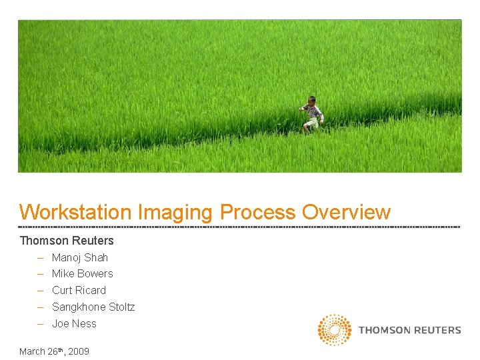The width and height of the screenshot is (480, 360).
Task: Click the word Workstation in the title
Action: [75, 212]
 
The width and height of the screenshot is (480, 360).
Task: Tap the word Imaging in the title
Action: [177, 212]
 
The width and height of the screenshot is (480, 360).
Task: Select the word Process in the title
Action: [258, 212]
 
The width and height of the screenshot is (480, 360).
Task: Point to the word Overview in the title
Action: [346, 212]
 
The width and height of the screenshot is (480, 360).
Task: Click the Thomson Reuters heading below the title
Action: [67, 241]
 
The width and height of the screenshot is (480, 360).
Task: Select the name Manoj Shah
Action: [80, 257]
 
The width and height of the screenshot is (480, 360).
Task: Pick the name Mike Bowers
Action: [83, 273]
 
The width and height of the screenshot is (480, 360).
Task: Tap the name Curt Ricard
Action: [79, 290]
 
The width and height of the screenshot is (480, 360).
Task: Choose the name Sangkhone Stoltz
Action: [93, 307]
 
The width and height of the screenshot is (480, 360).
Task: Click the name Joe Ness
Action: [74, 323]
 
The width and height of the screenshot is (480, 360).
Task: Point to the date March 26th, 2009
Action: [54, 351]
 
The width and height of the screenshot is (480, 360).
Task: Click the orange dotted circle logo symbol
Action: [334, 330]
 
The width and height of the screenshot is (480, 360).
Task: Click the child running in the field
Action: [311, 115]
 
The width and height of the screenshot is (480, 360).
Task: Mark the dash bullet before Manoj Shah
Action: [41, 257]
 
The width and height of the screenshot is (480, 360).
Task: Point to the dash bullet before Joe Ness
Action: [41, 323]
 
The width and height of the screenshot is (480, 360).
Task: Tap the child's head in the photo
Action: [311, 100]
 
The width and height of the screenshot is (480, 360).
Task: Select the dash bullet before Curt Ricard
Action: [41, 290]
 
